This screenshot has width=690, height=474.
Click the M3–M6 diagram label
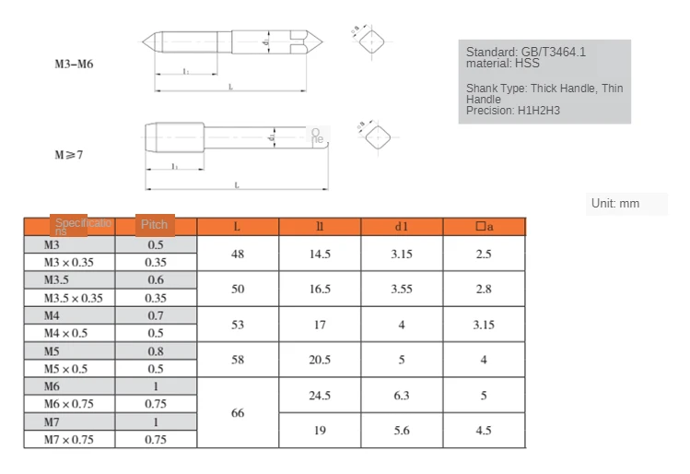tap(73, 65)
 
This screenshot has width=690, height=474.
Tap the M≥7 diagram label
tap(68, 155)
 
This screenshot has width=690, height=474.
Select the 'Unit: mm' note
tap(616, 203)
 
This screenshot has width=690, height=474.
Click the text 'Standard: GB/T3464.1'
tap(525, 52)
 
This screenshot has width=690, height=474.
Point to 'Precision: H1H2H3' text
tap(513, 111)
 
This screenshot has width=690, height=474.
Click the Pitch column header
tap(155, 225)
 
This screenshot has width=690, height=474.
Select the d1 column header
tap(402, 227)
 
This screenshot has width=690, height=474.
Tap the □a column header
tap(484, 227)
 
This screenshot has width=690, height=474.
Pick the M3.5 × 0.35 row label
tap(74, 298)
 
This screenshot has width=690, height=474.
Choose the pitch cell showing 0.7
tap(156, 315)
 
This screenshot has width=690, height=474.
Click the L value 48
tap(238, 254)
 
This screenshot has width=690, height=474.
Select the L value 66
tap(238, 413)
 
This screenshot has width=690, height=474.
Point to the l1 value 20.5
tap(320, 360)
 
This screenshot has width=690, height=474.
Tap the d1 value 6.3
tap(402, 396)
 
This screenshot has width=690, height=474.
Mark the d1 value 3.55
tap(402, 289)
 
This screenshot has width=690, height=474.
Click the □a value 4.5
tap(484, 431)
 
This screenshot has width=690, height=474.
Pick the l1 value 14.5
tap(320, 254)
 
